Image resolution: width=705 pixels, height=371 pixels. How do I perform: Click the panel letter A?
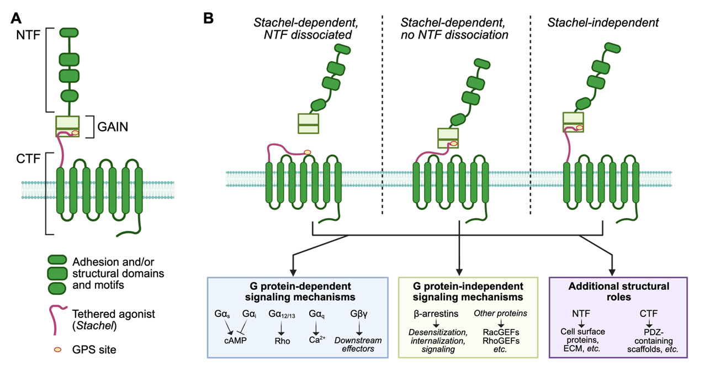pyautogui.click(x=16, y=18)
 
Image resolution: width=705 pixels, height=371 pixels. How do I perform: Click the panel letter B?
pyautogui.click(x=209, y=18)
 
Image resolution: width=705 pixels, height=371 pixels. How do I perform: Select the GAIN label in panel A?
pyautogui.click(x=113, y=126)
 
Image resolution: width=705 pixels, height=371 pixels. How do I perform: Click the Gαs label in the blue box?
pyautogui.click(x=223, y=314)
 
